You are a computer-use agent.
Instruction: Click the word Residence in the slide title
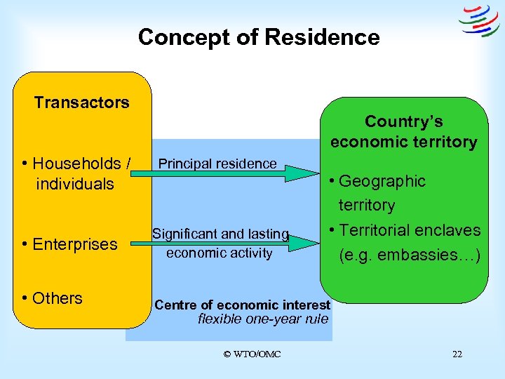pyautogui.click(x=323, y=37)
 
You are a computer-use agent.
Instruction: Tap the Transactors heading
pyautogui.click(x=81, y=102)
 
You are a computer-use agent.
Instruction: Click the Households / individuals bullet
pyautogui.click(x=76, y=173)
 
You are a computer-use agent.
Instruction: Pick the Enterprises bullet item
pyautogui.click(x=69, y=244)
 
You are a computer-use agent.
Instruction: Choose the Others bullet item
pyautogui.click(x=53, y=298)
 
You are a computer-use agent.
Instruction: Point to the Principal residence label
pyautogui.click(x=217, y=164)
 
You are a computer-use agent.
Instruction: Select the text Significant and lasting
pyautogui.click(x=220, y=234)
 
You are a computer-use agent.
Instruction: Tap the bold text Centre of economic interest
pyautogui.click(x=242, y=305)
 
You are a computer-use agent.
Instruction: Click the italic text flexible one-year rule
pyautogui.click(x=263, y=319)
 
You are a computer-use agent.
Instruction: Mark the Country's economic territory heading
pyautogui.click(x=403, y=131)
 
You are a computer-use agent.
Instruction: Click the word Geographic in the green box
pyautogui.click(x=382, y=181)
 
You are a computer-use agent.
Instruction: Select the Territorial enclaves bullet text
pyautogui.click(x=410, y=230)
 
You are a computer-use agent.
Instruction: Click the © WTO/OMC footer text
pyautogui.click(x=252, y=354)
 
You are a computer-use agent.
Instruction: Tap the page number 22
pyautogui.click(x=457, y=354)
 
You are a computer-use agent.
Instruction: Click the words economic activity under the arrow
pyautogui.click(x=219, y=253)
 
